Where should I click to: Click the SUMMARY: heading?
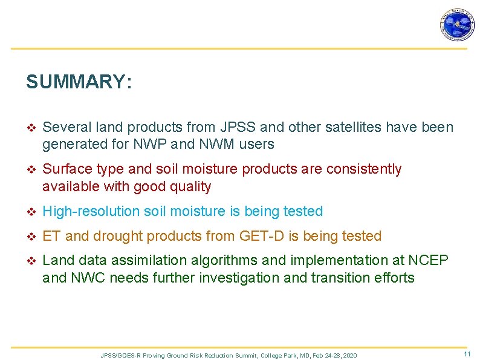point(79,82)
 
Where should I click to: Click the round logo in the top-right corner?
point(457,25)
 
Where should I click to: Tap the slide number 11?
point(467,354)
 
